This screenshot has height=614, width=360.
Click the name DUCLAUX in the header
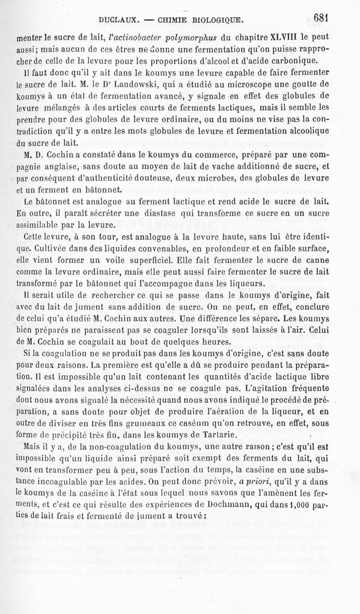(117, 20)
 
